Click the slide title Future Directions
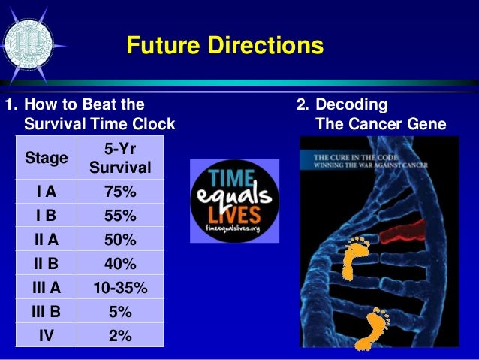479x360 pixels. (x=224, y=45)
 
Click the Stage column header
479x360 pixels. (x=46, y=158)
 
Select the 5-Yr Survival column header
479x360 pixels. (x=121, y=158)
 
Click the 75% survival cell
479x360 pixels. (x=121, y=192)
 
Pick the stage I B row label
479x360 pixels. (x=46, y=216)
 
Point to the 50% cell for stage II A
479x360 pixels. (x=121, y=240)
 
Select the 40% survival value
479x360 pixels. (x=121, y=264)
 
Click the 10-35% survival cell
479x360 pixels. (x=121, y=288)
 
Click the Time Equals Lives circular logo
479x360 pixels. (x=233, y=201)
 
